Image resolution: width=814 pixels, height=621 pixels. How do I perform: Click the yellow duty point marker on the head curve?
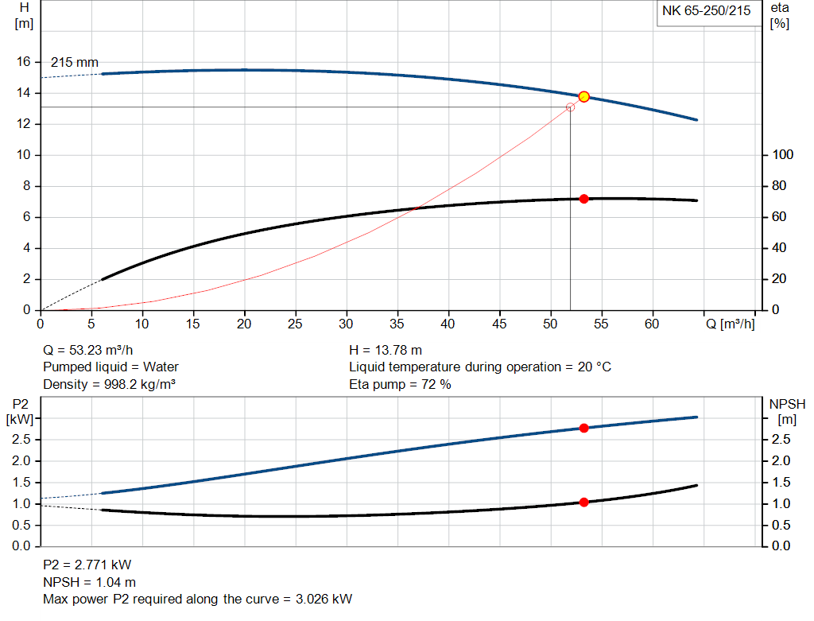(583, 96)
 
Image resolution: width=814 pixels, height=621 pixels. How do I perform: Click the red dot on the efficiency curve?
(583, 199)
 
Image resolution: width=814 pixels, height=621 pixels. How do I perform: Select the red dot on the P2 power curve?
(583, 428)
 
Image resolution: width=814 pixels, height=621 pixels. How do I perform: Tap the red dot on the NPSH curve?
(583, 502)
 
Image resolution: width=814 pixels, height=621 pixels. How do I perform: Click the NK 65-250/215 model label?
(706, 11)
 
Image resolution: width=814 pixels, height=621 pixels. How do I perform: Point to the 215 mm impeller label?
(75, 62)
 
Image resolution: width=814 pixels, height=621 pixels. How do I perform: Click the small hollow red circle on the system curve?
(570, 107)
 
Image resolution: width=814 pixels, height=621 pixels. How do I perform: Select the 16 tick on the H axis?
(24, 62)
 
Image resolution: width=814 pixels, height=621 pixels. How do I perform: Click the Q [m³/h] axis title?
(731, 324)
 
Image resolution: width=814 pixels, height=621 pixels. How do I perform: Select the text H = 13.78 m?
(386, 350)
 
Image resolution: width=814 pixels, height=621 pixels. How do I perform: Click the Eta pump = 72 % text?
(400, 385)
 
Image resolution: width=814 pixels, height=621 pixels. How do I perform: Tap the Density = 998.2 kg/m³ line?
(109, 385)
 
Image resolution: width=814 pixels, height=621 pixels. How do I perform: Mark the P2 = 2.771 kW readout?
(87, 565)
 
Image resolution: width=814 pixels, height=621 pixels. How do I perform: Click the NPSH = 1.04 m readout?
(90, 582)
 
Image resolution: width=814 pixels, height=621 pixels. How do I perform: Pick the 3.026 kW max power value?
(324, 599)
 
